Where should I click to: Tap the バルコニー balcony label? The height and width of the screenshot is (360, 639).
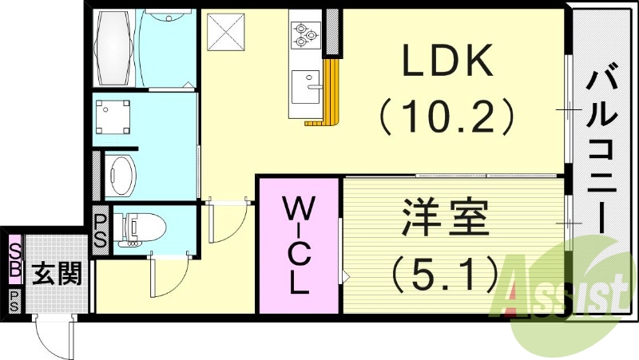click(603, 152)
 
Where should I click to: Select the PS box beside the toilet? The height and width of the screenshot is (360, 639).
click(101, 230)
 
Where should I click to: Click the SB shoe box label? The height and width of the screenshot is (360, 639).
click(14, 259)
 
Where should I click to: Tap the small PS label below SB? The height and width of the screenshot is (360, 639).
click(14, 300)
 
